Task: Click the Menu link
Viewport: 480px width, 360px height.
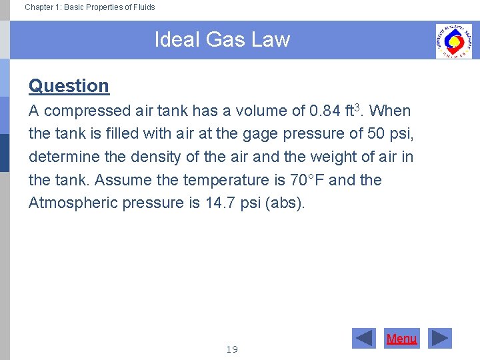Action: (x=401, y=339)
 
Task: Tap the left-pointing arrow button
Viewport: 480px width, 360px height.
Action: (x=364, y=339)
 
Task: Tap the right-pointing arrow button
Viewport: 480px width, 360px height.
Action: (x=439, y=339)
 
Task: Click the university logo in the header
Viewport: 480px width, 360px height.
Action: (x=453, y=41)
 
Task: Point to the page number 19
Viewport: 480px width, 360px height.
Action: (x=232, y=349)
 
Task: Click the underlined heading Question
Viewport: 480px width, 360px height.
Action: (x=69, y=86)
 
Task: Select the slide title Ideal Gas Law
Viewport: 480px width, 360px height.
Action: (x=222, y=40)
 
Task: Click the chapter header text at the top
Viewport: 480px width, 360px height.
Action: (x=89, y=7)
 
